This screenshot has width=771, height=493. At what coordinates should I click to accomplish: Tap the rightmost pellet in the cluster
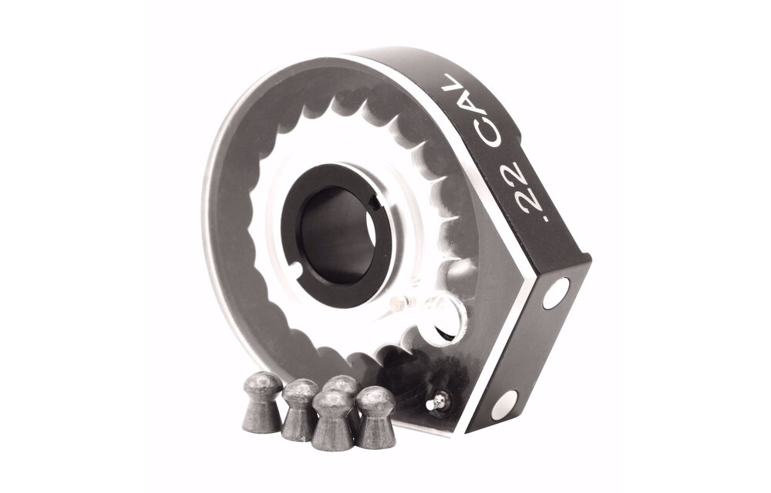point(376,415)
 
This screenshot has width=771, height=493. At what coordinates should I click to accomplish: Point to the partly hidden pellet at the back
point(341,389)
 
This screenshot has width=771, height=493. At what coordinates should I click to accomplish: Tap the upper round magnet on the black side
point(556,293)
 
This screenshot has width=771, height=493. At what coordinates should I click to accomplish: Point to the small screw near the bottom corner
point(439,400)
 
